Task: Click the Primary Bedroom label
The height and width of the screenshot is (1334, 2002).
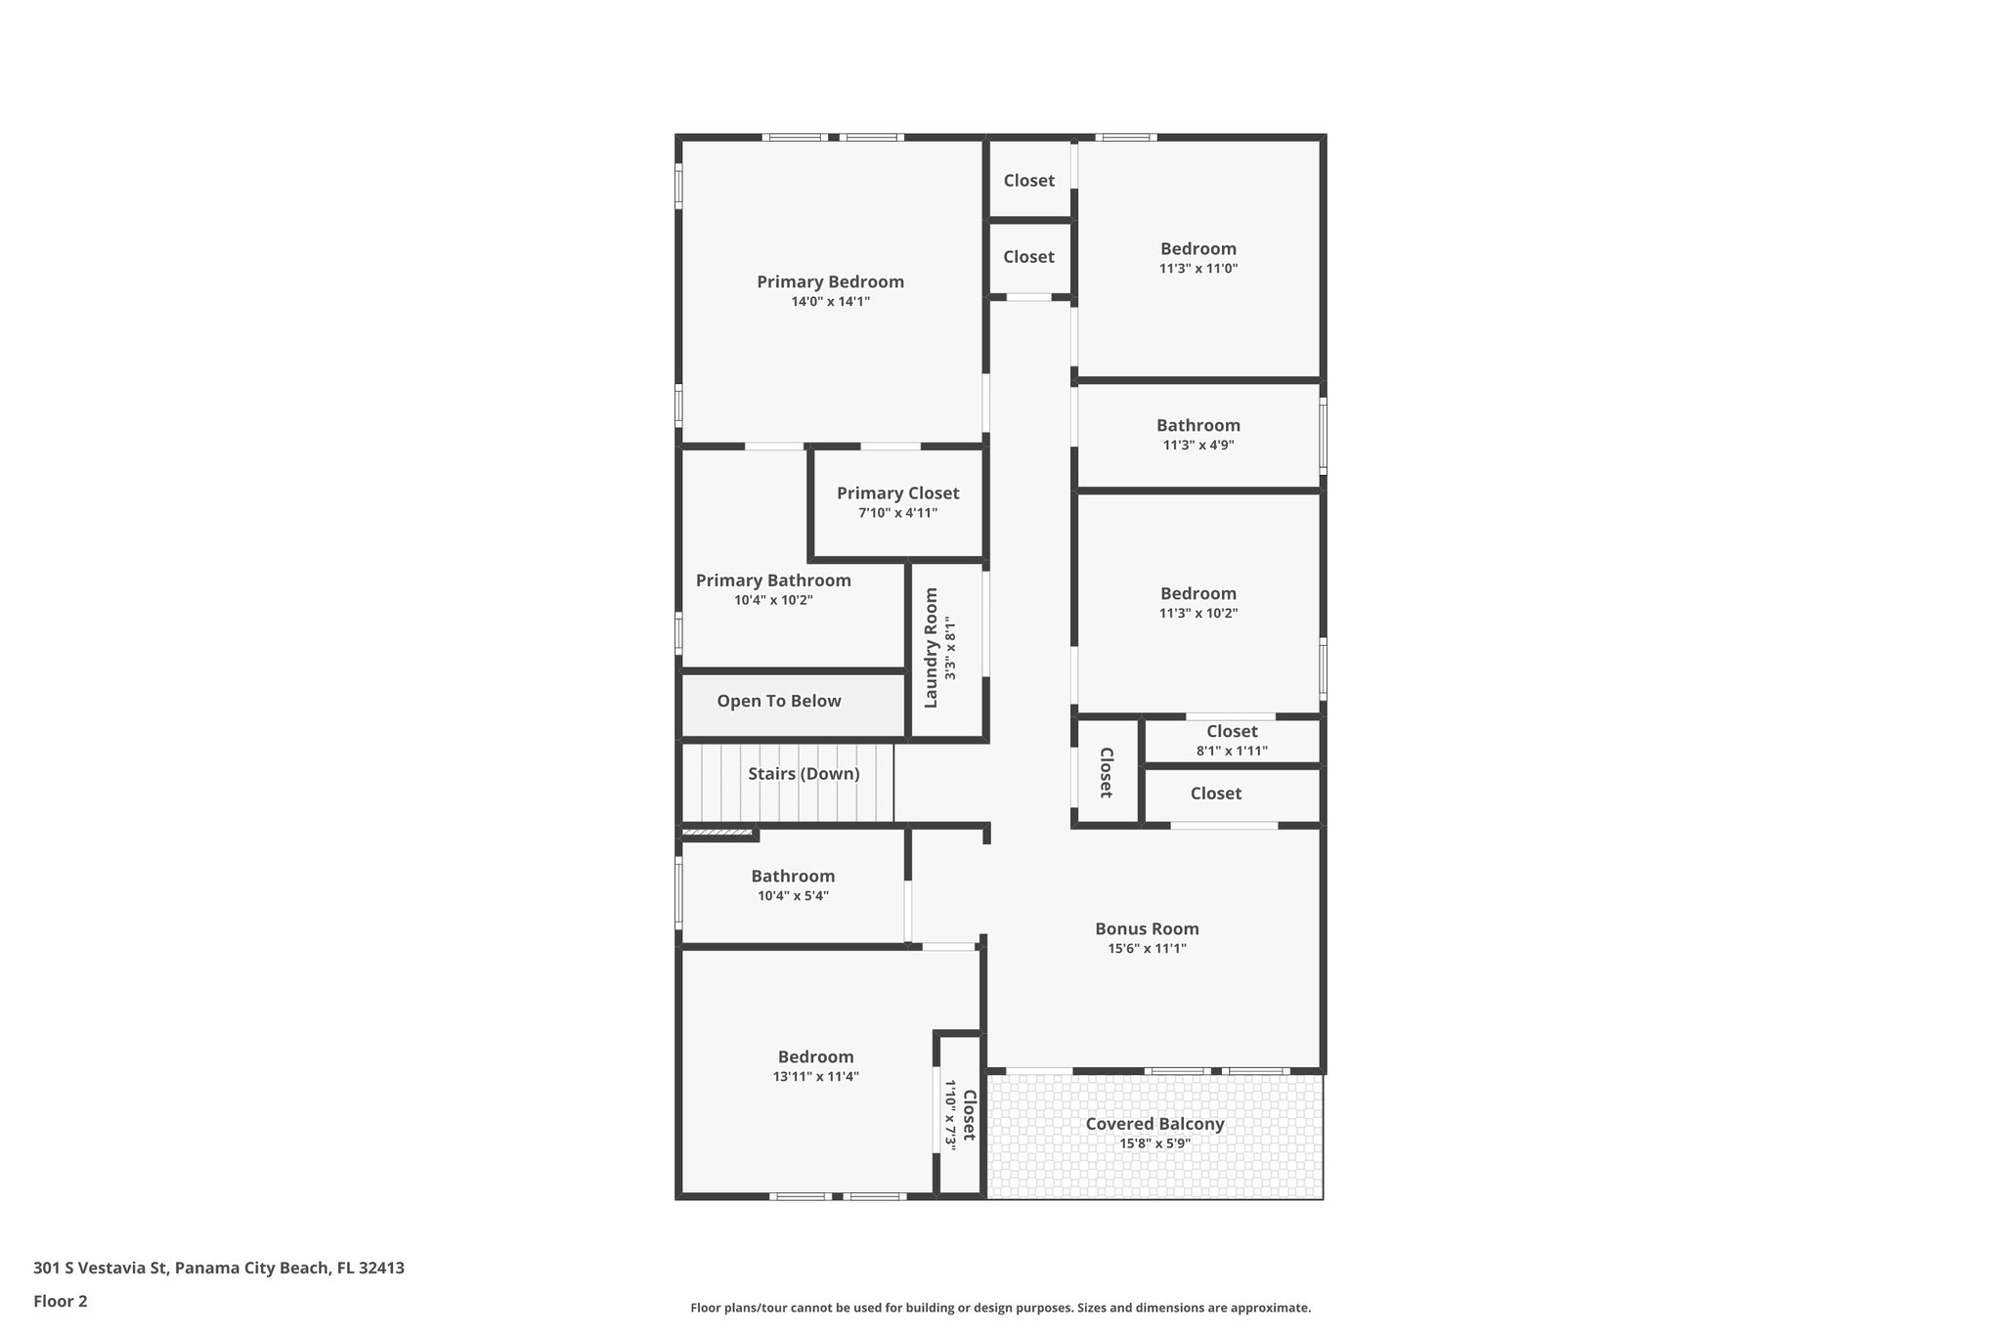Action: click(x=830, y=281)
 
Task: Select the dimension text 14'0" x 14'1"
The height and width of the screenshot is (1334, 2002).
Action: click(x=830, y=302)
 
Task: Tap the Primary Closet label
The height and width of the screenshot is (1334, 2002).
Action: click(x=897, y=494)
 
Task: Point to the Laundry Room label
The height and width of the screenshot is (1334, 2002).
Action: click(x=931, y=647)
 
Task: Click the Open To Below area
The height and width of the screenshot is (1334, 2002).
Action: click(x=778, y=701)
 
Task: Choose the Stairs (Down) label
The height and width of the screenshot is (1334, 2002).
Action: click(x=804, y=774)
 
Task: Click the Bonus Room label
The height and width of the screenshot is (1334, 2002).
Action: click(x=1147, y=928)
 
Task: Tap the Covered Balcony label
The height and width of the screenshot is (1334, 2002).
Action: click(x=1154, y=1124)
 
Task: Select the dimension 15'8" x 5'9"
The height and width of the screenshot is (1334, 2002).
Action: click(x=1154, y=1143)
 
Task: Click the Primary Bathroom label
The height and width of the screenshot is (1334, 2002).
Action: click(x=773, y=581)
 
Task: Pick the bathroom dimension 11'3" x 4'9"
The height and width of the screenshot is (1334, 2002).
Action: click(x=1197, y=445)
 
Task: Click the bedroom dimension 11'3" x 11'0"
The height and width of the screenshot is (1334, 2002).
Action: click(x=1197, y=269)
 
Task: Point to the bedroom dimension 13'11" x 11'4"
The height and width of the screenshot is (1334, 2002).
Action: click(x=815, y=1077)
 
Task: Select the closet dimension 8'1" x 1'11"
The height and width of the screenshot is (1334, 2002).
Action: click(x=1232, y=752)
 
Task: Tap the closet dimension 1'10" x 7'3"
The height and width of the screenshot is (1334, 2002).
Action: click(x=950, y=1114)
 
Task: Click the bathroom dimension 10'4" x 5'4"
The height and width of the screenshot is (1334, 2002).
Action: click(x=793, y=896)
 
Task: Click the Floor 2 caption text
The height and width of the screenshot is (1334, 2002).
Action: click(x=61, y=1301)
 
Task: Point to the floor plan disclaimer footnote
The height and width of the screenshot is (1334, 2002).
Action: click(x=1000, y=1308)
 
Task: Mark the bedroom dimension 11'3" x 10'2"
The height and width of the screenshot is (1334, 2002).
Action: click(x=1197, y=614)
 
